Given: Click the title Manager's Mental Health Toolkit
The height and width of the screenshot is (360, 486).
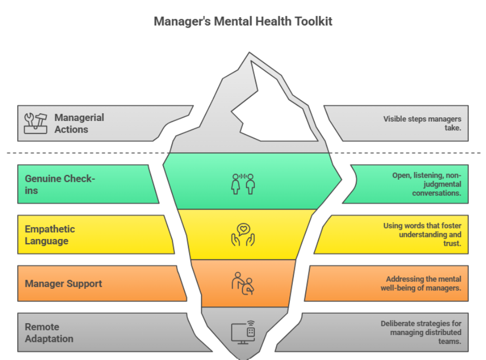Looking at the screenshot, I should [x=243, y=22].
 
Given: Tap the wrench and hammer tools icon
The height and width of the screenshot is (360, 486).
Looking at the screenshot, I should [x=35, y=123].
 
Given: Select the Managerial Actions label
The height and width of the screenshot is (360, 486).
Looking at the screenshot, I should [x=79, y=124].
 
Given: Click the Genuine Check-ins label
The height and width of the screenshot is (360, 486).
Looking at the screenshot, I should [x=60, y=184].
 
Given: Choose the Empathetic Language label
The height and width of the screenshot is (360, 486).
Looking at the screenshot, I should [x=50, y=235].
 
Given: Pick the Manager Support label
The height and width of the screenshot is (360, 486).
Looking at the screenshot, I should [x=63, y=284].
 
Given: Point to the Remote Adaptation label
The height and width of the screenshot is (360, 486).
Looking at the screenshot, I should [x=49, y=332].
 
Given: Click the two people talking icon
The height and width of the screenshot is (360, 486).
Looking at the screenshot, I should [x=244, y=183].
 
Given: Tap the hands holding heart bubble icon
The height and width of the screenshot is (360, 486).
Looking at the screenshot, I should [x=244, y=234].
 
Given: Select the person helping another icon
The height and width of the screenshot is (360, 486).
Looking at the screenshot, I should [x=242, y=283].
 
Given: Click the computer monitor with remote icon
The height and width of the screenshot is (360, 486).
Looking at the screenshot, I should [x=242, y=331].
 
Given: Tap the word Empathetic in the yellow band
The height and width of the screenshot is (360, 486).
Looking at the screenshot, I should [x=50, y=229].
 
